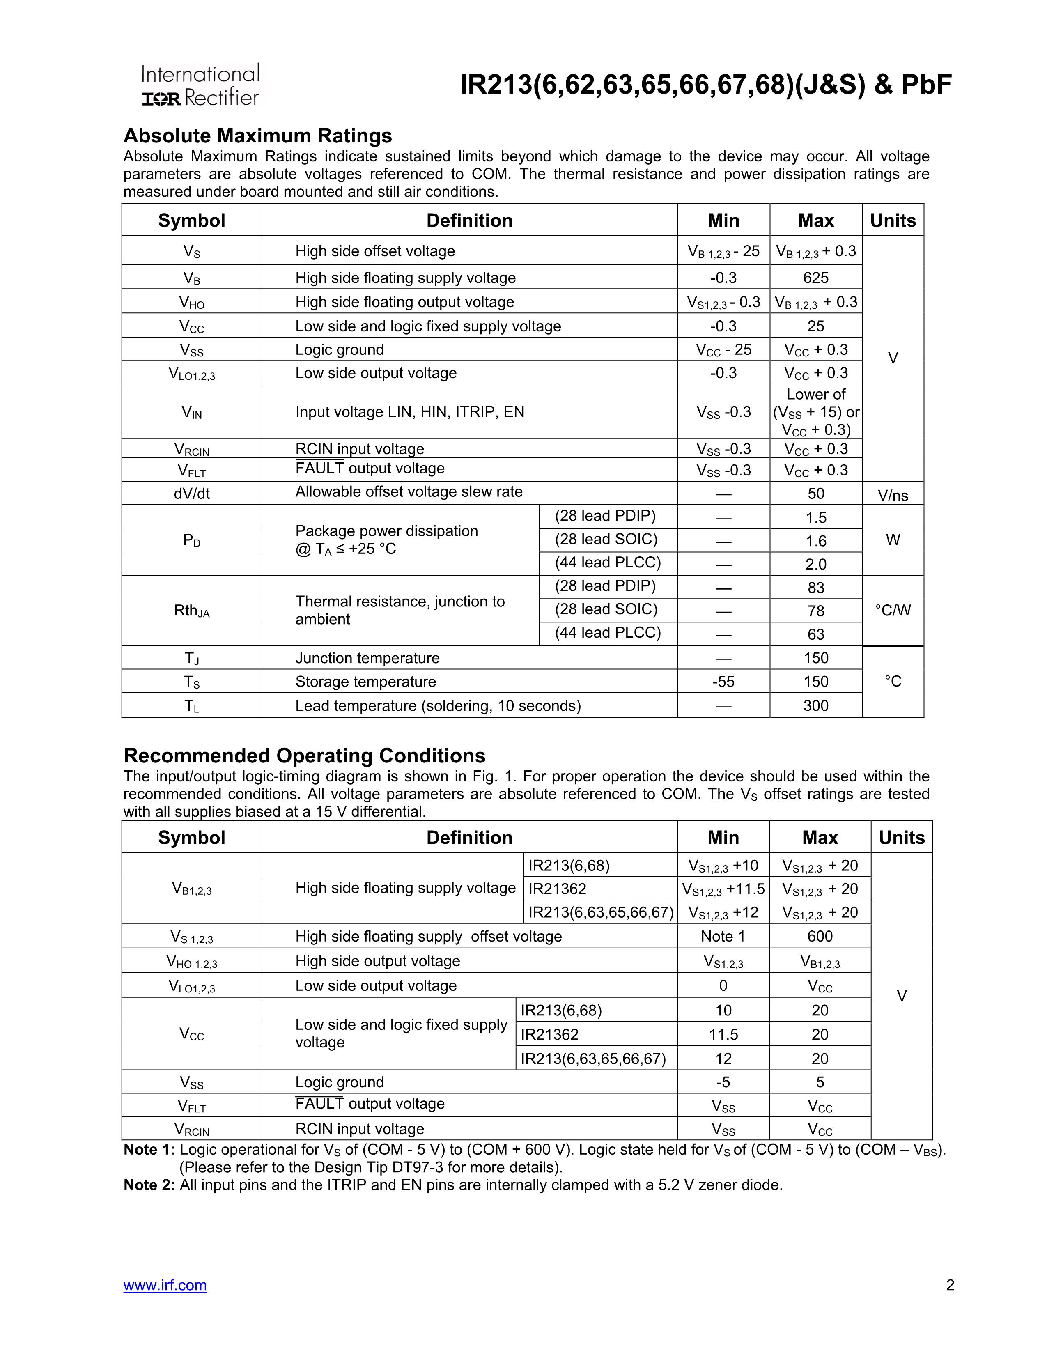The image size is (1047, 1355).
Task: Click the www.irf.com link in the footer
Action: click(x=165, y=1284)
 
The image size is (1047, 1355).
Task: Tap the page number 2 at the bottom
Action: click(x=950, y=1284)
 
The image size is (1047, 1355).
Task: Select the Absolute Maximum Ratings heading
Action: click(x=257, y=136)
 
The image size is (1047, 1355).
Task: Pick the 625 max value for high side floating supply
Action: click(x=816, y=278)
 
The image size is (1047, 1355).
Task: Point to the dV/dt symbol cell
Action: click(x=192, y=493)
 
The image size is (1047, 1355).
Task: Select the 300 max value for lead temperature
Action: click(x=816, y=705)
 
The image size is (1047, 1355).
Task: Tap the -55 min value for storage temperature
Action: click(x=723, y=682)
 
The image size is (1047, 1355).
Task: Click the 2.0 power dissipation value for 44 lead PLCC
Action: click(x=816, y=564)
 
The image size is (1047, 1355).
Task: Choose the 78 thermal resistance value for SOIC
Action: click(x=816, y=611)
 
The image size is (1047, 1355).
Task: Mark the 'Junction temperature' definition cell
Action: click(x=367, y=658)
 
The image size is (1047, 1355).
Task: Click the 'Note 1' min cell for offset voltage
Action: click(x=723, y=936)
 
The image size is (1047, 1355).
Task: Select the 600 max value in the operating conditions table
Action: click(x=820, y=936)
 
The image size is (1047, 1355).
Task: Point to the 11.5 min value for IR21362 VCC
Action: click(x=723, y=1034)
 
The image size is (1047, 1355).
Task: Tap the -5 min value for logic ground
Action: click(x=723, y=1082)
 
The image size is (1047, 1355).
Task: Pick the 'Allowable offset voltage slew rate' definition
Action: click(x=409, y=492)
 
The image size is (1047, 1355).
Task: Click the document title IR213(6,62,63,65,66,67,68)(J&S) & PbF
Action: click(x=705, y=85)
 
